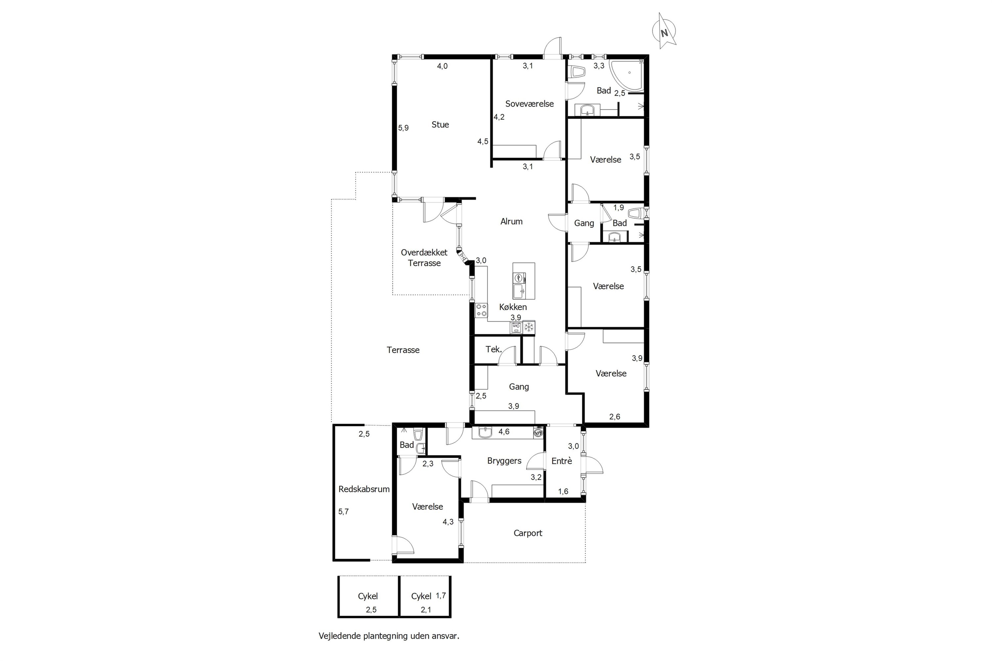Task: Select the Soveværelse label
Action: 529,104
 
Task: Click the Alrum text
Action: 511,221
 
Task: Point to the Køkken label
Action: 513,307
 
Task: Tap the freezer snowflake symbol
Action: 528,327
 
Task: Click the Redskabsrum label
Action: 364,489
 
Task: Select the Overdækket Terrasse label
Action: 424,257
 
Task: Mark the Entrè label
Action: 561,461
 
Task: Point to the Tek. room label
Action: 493,349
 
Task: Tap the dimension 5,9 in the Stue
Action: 403,128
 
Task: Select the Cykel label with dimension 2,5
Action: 368,596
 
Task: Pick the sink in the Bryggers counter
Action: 485,433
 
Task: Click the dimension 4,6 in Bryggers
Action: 504,432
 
